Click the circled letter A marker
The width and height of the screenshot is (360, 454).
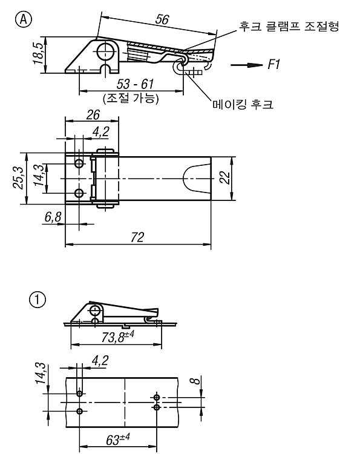click(x=24, y=20)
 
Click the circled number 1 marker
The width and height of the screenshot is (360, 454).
click(x=38, y=300)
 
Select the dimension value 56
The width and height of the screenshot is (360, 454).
click(x=162, y=19)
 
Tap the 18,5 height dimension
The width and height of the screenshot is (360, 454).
click(x=38, y=53)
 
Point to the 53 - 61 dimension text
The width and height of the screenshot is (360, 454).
click(x=135, y=84)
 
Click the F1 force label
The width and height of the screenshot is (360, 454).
click(x=273, y=64)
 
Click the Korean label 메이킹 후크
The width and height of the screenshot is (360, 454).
click(x=243, y=104)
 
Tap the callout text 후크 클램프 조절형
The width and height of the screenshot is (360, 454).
click(x=289, y=26)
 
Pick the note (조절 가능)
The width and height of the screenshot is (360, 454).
click(x=131, y=99)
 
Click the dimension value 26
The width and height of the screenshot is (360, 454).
click(x=93, y=115)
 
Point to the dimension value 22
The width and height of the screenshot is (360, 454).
click(x=225, y=178)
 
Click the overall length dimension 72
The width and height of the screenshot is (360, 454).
click(x=137, y=237)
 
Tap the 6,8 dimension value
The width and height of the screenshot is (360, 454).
click(x=53, y=217)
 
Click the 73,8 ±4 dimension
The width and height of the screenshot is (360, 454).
click(x=117, y=337)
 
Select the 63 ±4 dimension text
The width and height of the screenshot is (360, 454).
click(x=118, y=439)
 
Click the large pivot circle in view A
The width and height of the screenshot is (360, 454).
click(x=105, y=51)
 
